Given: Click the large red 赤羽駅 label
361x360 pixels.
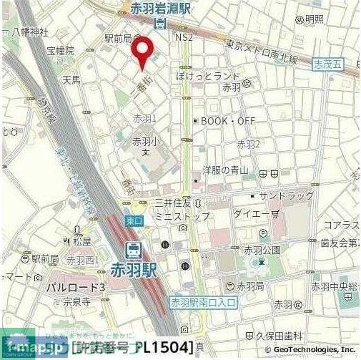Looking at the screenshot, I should [142, 271].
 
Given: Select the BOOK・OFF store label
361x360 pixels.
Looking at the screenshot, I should [227, 121].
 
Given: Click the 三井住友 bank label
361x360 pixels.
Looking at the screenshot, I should [174, 203].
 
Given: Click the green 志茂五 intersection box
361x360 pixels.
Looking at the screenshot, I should [327, 64].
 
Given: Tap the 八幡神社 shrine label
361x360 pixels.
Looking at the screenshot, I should [29, 32].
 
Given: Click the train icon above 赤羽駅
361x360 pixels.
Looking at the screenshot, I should [132, 250].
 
